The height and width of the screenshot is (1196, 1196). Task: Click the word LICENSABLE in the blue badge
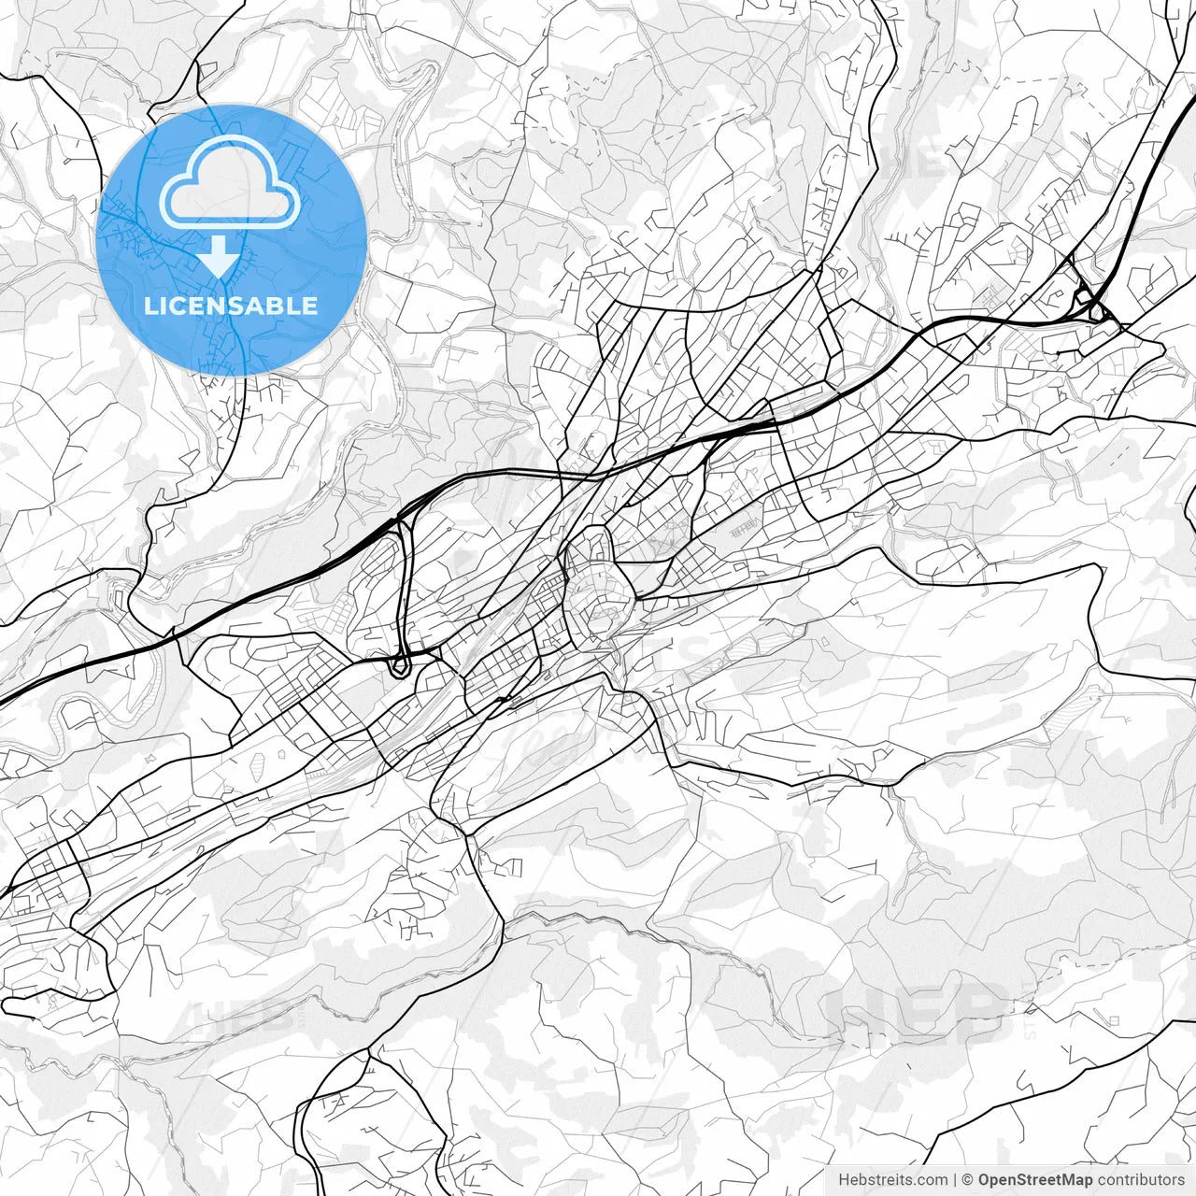click(231, 306)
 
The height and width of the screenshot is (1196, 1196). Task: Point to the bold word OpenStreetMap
click(1035, 1180)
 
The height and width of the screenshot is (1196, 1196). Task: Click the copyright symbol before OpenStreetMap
click(968, 1180)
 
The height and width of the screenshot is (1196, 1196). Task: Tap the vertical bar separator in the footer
click(954, 1180)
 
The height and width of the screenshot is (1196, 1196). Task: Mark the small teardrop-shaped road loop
click(400, 664)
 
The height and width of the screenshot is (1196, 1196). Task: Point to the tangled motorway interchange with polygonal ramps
click(1089, 304)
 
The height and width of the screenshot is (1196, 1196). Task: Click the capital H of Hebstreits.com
click(844, 1180)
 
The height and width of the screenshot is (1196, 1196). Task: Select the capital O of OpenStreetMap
click(985, 1180)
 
